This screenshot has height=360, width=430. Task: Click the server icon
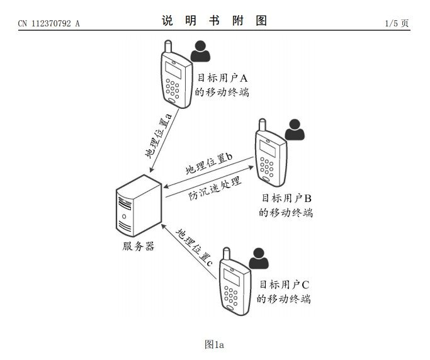point(138,206)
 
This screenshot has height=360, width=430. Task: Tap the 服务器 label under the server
point(139,246)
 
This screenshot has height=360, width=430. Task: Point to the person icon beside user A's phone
point(201,51)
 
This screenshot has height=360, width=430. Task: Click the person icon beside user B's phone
point(294,130)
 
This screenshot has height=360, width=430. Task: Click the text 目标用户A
point(223,77)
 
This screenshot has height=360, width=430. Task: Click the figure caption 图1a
point(215,344)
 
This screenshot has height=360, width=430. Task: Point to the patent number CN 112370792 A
point(48,24)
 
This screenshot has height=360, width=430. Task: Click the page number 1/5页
point(397,24)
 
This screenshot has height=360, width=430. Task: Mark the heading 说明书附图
point(214,21)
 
